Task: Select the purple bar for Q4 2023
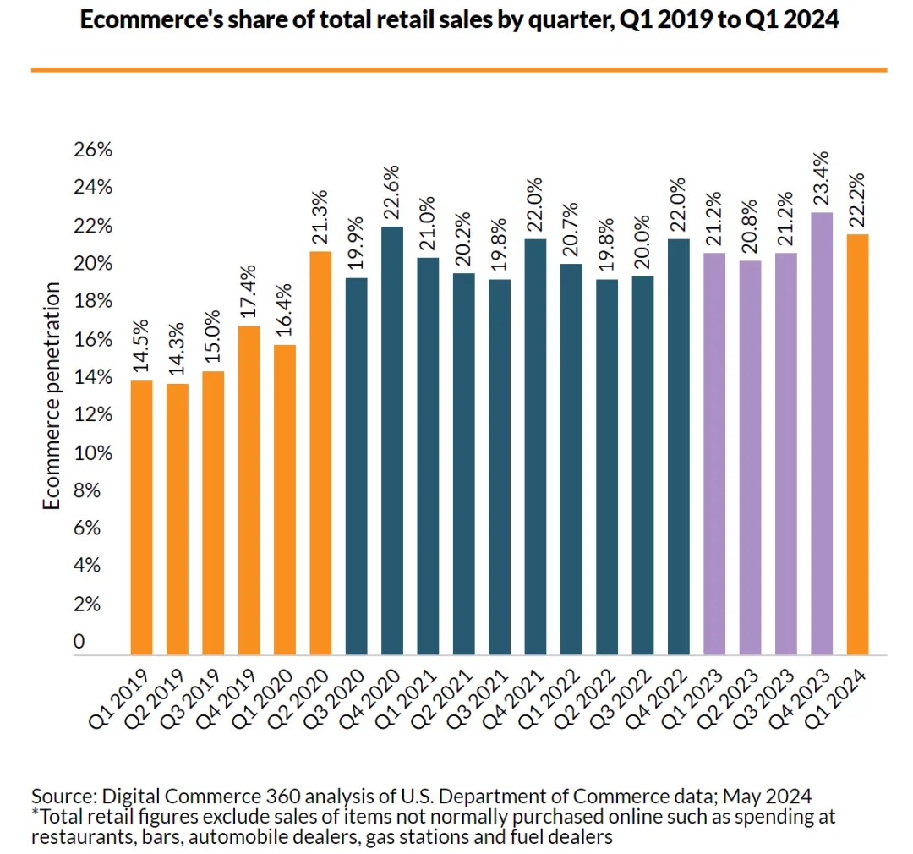(821, 433)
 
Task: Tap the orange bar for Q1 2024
(857, 444)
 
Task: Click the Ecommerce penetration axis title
(52, 397)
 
